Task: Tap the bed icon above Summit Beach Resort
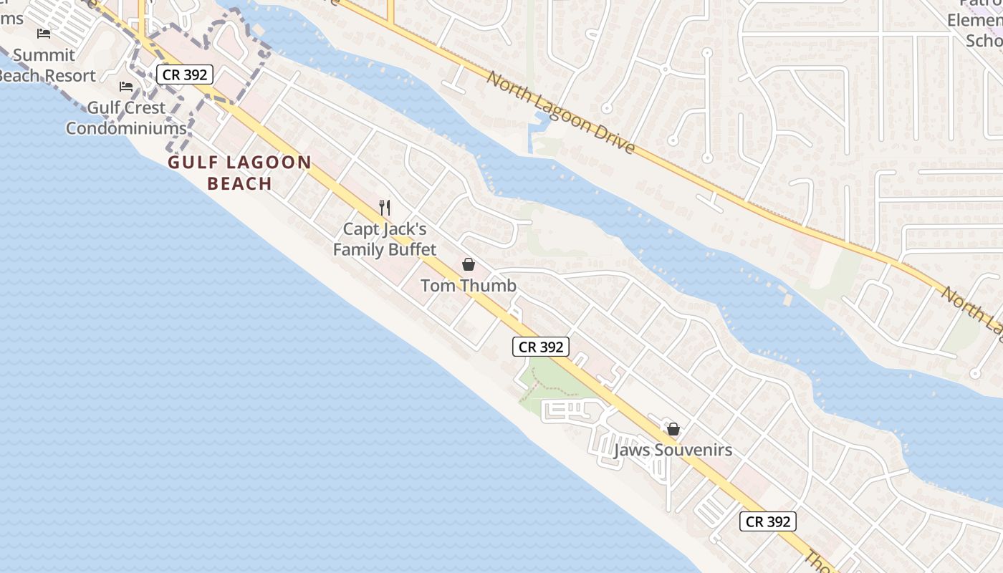point(44,34)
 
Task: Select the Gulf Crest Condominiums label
point(126,118)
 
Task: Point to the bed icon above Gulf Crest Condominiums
point(126,87)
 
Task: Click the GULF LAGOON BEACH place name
point(239,173)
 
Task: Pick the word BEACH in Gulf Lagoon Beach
point(239,183)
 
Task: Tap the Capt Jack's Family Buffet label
point(385,239)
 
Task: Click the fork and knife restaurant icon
point(385,208)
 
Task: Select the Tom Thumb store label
point(468,286)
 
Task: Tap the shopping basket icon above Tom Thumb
point(468,264)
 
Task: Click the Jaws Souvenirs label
point(673,450)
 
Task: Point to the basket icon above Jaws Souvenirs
point(673,429)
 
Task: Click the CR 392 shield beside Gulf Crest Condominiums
point(185,74)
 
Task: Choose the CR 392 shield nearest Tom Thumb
point(541,347)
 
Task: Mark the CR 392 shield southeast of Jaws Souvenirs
point(767,521)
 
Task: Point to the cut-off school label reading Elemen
point(974,20)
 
